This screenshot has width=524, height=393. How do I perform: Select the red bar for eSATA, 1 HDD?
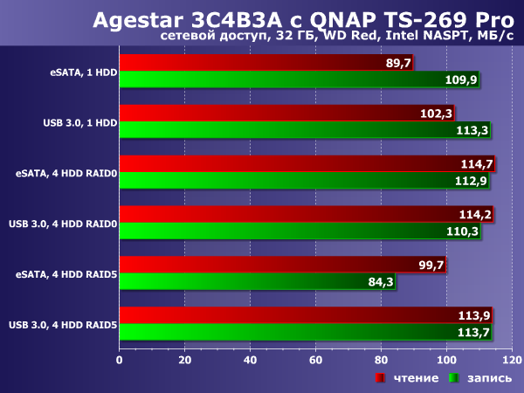(262, 63)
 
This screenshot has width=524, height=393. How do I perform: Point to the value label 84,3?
(377, 281)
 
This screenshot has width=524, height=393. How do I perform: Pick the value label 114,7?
(477, 164)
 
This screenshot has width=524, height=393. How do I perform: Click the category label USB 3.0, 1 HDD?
(79, 122)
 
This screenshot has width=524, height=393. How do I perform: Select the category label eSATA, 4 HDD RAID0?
(65, 173)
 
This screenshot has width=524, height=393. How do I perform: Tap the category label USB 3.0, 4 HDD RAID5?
(62, 325)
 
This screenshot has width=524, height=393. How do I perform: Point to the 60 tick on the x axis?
(315, 358)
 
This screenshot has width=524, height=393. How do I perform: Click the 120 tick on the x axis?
(512, 358)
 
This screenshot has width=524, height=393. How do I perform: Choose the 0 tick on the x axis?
(119, 358)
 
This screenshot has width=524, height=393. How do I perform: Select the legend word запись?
(485, 378)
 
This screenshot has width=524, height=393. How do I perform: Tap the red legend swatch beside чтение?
(380, 378)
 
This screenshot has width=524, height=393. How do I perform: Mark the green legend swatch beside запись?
(453, 378)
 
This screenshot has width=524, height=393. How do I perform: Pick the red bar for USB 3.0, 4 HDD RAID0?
(288, 215)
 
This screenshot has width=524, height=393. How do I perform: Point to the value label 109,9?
(461, 79)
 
